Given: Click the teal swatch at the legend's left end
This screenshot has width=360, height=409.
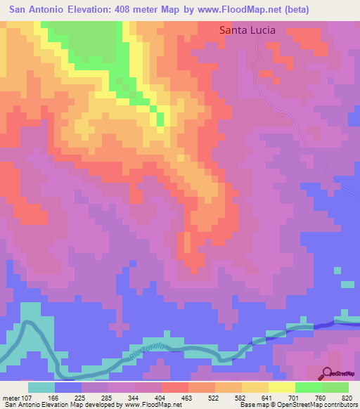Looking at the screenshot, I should tap(41, 387).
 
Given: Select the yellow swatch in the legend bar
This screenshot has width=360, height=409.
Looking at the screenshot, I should tap(282, 387).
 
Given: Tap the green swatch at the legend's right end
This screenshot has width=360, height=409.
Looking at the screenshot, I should tap(335, 387).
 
